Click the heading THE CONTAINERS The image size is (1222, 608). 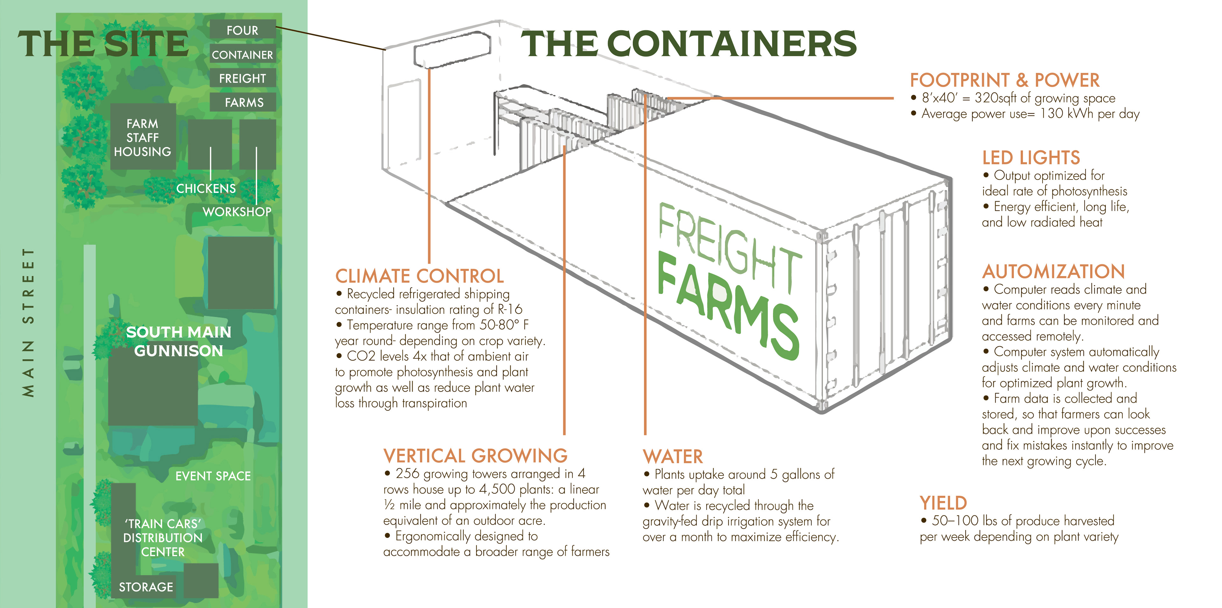689,44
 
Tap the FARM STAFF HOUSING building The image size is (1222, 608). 142,137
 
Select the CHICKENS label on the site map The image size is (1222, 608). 206,188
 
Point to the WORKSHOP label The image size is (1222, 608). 237,212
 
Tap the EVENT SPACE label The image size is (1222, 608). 213,476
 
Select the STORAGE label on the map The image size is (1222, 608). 146,587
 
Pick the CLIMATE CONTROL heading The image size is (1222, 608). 419,276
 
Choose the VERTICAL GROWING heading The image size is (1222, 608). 475,456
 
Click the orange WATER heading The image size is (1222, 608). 673,456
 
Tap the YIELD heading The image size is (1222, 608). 943,503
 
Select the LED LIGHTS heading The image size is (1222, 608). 1031,158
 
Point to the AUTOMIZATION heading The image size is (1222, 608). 1053,272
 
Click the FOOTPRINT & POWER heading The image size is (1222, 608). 1004,80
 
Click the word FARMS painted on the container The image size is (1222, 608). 728,308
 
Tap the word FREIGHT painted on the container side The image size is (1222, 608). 728,247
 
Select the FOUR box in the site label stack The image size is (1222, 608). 242,30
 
